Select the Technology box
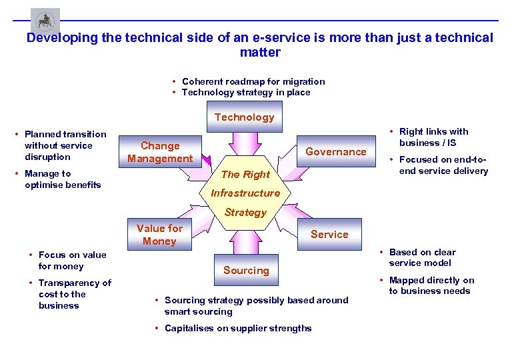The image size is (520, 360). (x=245, y=117)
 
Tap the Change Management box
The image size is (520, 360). (x=160, y=152)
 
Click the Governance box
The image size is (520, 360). (x=335, y=151)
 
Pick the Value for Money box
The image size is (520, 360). (x=159, y=235)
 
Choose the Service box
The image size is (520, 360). (x=329, y=234)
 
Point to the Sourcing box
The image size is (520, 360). (x=246, y=270)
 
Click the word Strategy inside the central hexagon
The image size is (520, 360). (x=245, y=213)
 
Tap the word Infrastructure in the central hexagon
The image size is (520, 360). (x=245, y=193)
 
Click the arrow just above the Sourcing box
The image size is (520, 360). (x=245, y=241)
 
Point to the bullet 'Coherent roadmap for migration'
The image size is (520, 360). (x=253, y=81)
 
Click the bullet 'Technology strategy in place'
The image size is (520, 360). (x=246, y=93)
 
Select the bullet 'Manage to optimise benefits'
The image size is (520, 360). (x=62, y=179)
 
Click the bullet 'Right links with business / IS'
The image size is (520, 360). (x=433, y=137)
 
